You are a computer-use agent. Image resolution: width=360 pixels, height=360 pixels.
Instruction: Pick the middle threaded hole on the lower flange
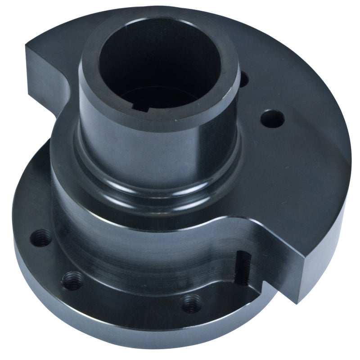click(72, 281)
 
